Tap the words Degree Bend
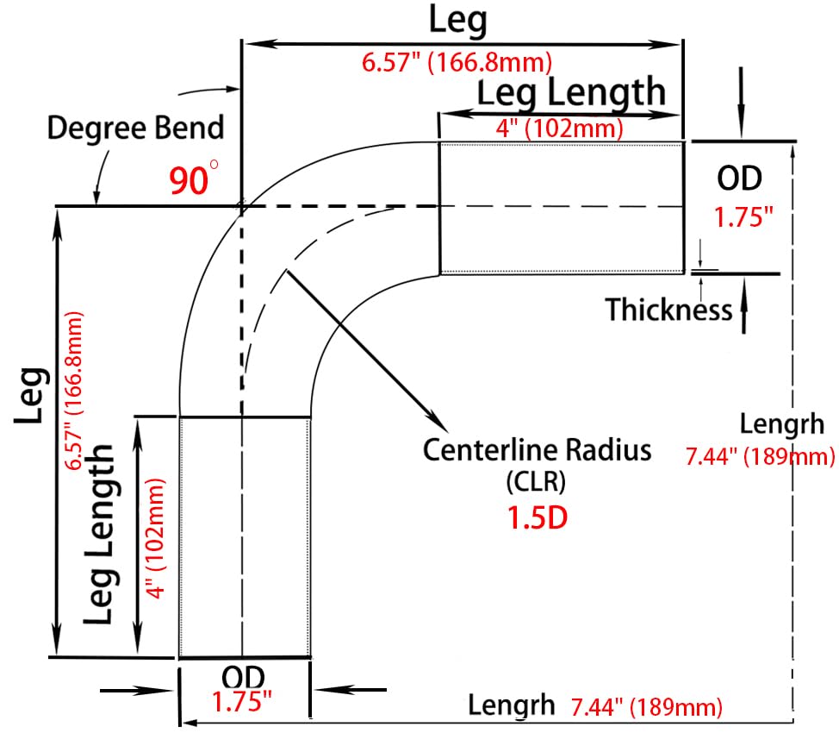coord(135,129)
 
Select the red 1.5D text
coord(537,517)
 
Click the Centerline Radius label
coord(538,449)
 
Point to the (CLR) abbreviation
coord(536,481)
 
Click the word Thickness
coord(668,310)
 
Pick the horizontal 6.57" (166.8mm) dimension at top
coord(457,63)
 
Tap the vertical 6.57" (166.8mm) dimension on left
coord(74,391)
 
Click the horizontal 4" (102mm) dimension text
coord(560,128)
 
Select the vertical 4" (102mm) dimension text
coord(156,538)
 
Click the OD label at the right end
coord(739,179)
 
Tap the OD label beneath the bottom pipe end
coord(243,677)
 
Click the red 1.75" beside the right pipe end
coord(743,217)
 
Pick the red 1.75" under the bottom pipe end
coord(242,701)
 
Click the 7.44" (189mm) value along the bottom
coord(647,707)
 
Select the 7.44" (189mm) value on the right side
coord(761,456)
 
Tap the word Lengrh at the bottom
coord(512,705)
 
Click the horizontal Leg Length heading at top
coord(571,92)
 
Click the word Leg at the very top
coord(458,22)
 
